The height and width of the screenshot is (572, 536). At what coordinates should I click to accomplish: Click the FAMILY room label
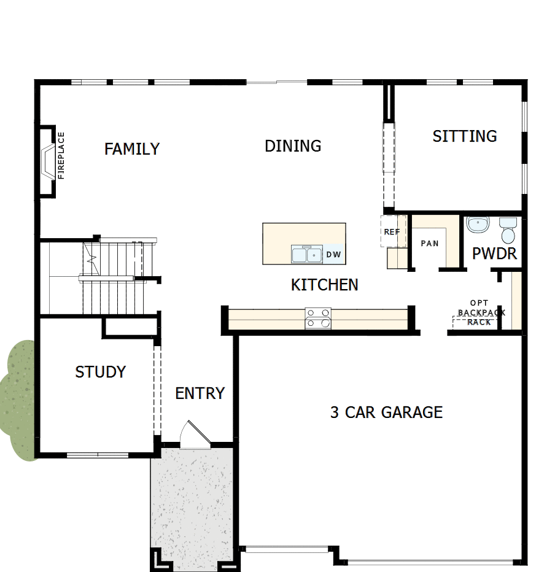tap(132, 149)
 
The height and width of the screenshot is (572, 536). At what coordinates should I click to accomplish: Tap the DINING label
tap(293, 146)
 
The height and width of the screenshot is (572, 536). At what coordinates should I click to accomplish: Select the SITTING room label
tap(465, 136)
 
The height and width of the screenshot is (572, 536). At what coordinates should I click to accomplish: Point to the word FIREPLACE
tap(61, 156)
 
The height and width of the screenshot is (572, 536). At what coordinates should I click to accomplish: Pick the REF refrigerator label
tap(392, 232)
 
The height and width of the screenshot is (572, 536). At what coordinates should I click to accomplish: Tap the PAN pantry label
tap(430, 244)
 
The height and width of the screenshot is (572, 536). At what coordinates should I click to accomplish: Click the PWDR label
tap(494, 253)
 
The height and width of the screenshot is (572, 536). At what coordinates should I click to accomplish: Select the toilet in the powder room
tap(508, 230)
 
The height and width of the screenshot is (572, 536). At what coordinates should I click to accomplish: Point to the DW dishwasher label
tap(333, 254)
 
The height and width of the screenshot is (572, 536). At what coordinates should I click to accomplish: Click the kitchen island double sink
tap(306, 254)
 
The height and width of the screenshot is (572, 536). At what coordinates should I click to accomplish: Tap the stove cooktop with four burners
tap(318, 318)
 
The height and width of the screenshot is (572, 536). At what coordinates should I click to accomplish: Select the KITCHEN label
tap(324, 285)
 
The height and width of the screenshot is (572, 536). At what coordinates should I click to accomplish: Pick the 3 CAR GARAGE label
tap(386, 412)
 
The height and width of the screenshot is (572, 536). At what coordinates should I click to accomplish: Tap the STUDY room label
tap(101, 372)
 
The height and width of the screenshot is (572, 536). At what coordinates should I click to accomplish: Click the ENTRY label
tap(200, 393)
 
